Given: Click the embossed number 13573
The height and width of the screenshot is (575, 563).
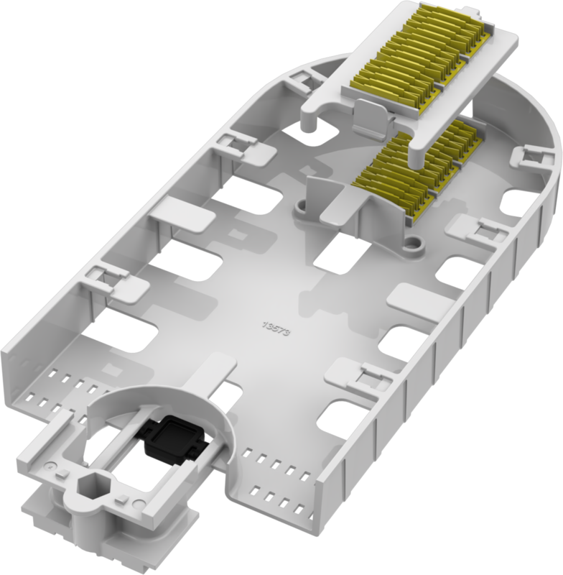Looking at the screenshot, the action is tap(276, 329).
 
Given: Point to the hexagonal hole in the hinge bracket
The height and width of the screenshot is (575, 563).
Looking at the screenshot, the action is tap(90, 488).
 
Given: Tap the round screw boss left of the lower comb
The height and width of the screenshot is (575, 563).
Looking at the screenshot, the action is tap(302, 206).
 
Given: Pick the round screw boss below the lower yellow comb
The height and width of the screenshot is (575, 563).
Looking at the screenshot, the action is tap(413, 243).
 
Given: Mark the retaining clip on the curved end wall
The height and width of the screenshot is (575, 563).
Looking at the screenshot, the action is tap(531, 157).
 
